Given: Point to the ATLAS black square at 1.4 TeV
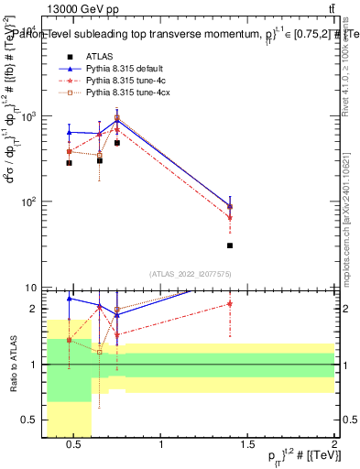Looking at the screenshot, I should point(230,245).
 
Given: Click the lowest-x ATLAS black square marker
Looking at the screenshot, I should point(69,163).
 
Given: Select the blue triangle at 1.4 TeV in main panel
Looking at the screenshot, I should point(230,206).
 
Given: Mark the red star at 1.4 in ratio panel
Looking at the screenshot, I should point(230,303).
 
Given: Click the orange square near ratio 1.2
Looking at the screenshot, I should point(99,352).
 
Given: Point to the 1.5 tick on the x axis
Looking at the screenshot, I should point(248,443).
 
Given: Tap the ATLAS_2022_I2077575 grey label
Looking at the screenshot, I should point(190,274).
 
